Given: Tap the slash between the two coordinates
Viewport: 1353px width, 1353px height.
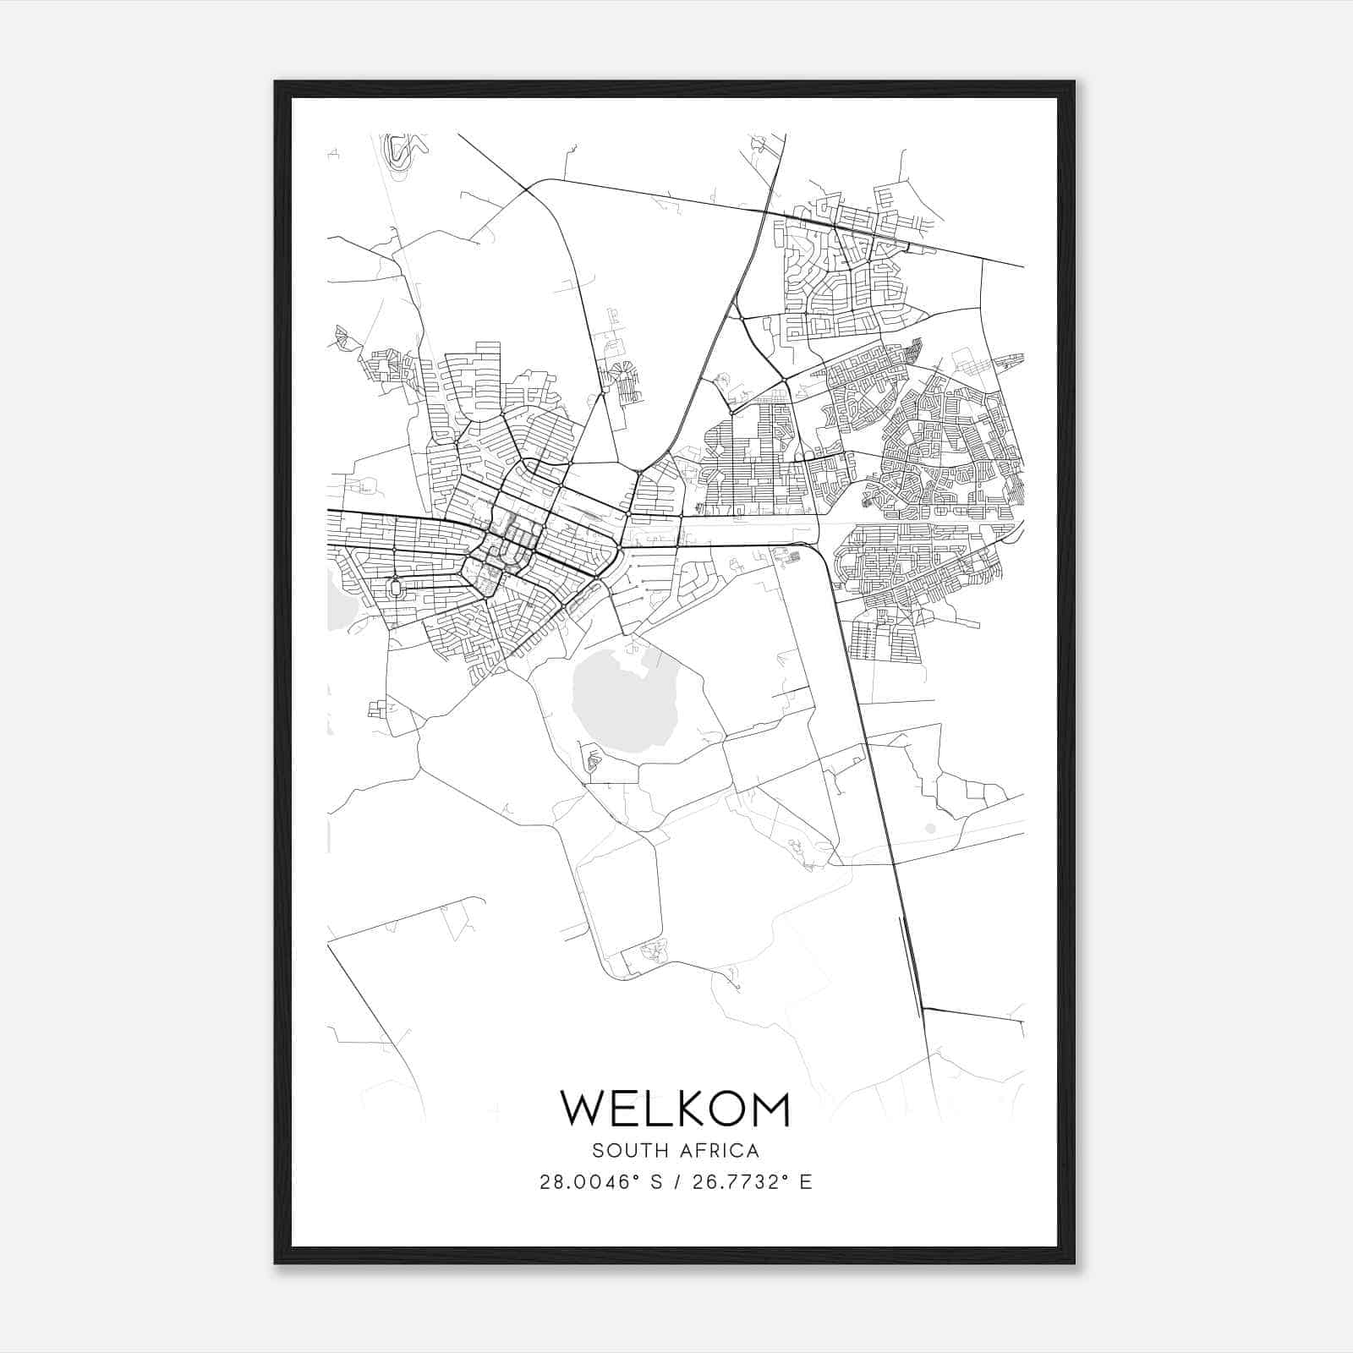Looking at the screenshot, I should (x=674, y=1182).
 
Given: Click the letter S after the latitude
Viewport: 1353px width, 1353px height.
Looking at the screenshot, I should (x=655, y=1182).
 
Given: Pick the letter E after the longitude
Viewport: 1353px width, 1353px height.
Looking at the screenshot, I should (x=806, y=1182).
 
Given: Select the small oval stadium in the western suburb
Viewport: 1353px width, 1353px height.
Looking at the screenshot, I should (x=395, y=587).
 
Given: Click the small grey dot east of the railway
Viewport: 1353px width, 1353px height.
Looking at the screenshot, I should (x=930, y=828).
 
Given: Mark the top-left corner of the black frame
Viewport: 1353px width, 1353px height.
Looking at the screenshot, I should (x=276, y=82).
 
